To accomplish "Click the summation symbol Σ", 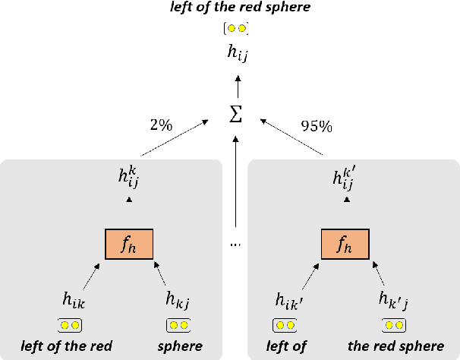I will pos(236,115).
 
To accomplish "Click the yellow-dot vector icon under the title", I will pos(236,29).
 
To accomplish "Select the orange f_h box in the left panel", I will pos(128,242).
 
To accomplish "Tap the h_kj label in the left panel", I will pos(178,301).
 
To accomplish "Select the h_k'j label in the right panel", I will pos(393,301).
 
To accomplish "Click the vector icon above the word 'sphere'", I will pos(178,326).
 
